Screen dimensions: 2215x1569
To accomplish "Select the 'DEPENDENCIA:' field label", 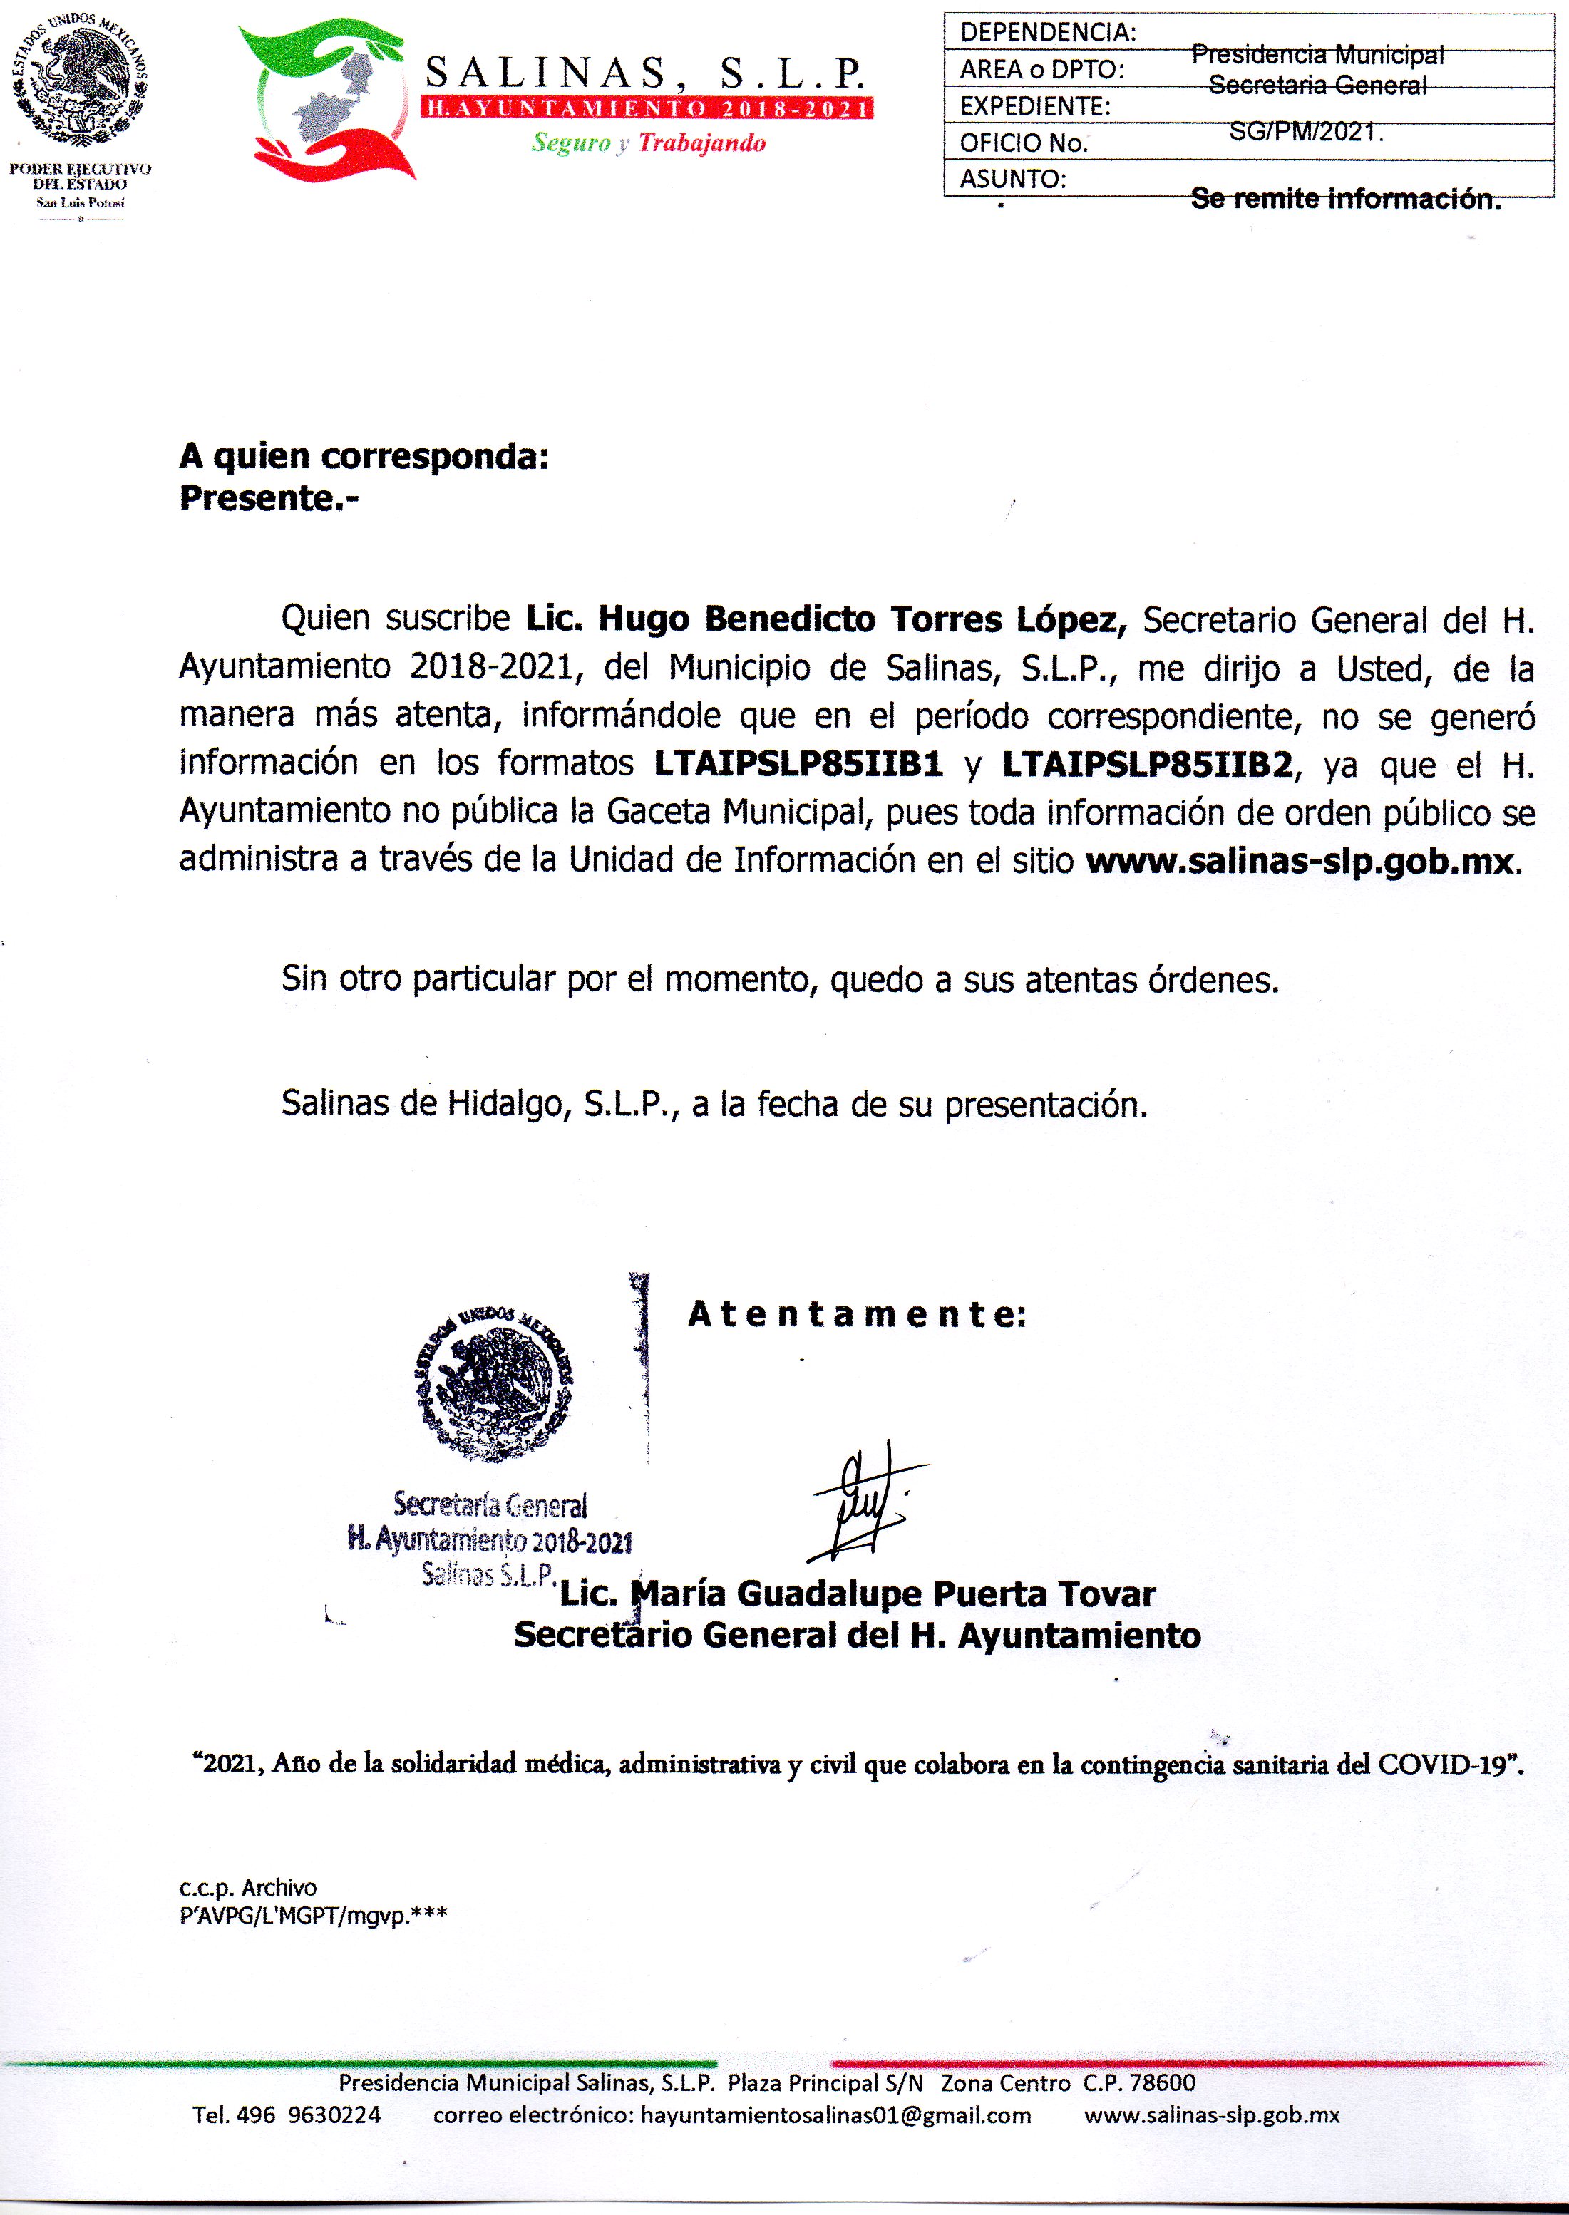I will coord(1047,33).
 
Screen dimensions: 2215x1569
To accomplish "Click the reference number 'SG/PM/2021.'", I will coord(1306,133).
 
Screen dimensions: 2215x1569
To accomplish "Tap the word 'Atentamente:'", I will coord(856,1313).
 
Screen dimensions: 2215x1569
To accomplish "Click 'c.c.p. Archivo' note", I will coord(247,1886).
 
